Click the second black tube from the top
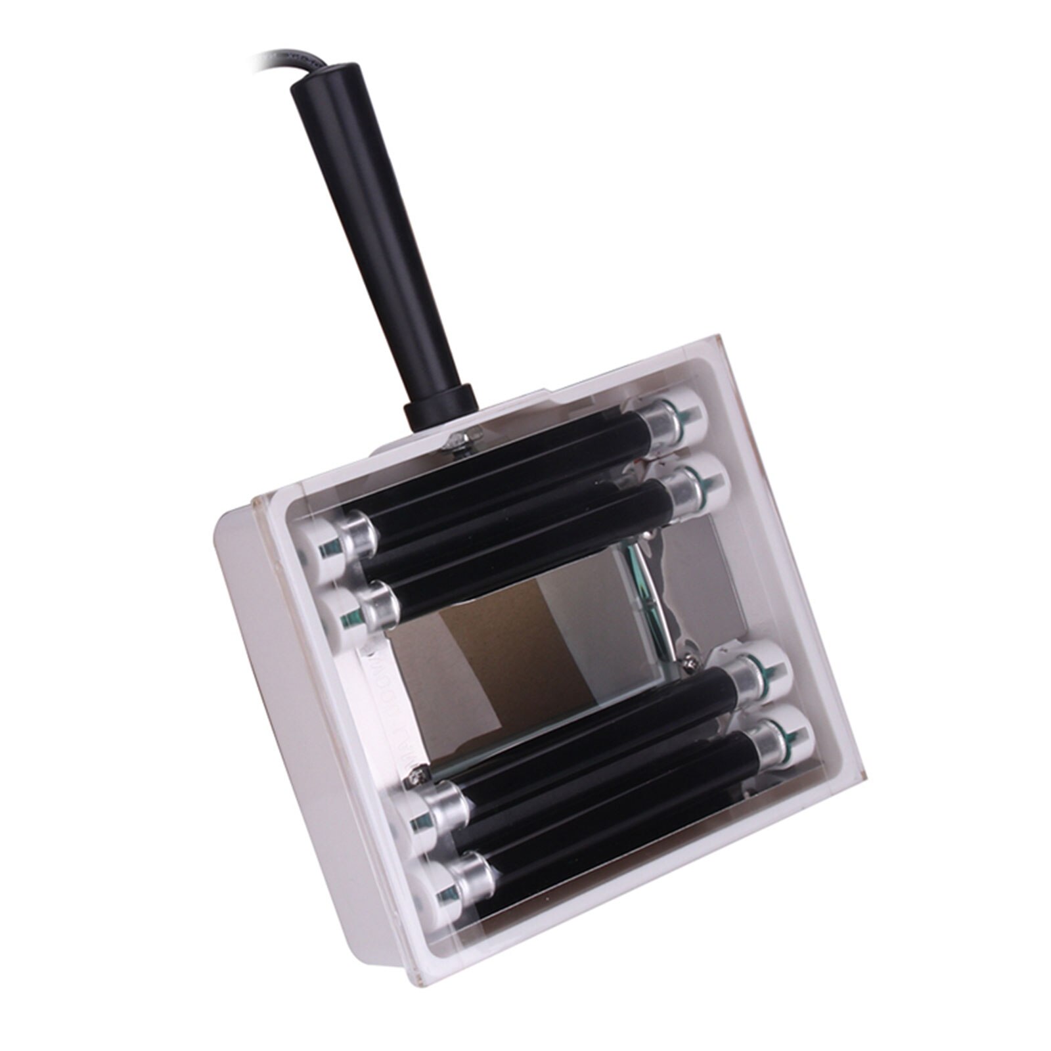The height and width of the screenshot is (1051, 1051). (525, 539)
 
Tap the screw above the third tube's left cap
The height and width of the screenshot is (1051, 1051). (416, 779)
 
